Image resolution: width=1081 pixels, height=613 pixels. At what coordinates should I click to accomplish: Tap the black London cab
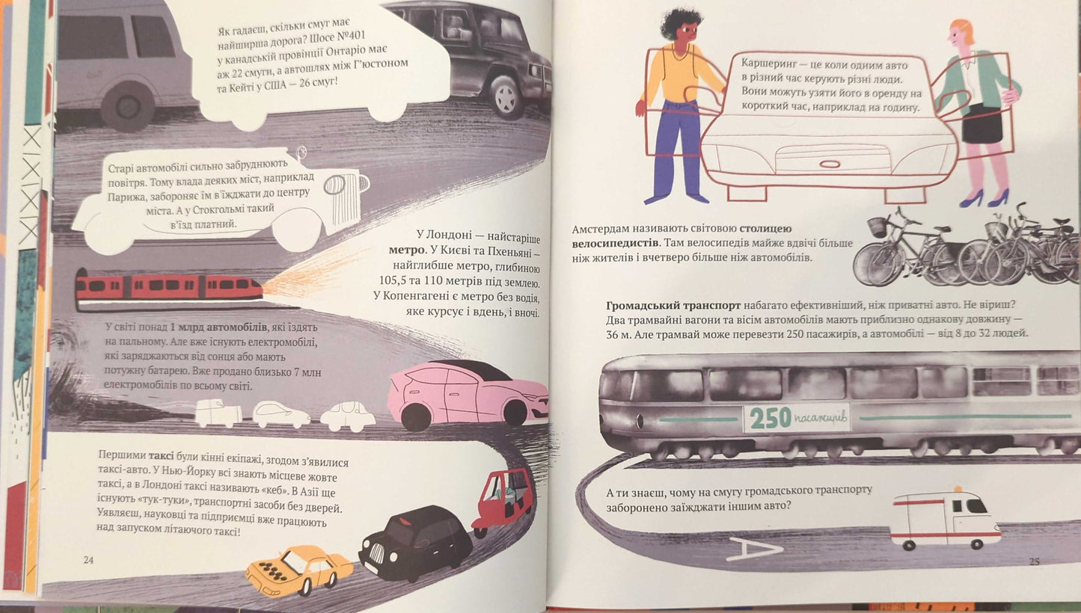click(416, 542)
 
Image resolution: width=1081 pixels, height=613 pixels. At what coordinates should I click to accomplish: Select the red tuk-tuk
click(504, 501)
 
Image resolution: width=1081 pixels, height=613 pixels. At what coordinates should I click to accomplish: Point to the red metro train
click(169, 288)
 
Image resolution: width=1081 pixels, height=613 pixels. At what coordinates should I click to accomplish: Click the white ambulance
click(946, 519)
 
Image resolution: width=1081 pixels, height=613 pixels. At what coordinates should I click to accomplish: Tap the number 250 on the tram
click(771, 418)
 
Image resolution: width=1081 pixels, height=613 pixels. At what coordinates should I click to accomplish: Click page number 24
click(88, 560)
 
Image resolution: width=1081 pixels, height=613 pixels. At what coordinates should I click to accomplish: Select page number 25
click(1034, 561)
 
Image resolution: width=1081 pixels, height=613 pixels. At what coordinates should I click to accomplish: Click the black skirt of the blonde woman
click(982, 123)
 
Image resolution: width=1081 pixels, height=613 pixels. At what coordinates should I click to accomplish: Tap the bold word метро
click(406, 250)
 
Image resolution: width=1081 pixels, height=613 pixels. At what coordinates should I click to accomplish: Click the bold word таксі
click(161, 456)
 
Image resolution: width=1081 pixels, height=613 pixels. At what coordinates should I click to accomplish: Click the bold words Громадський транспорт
click(673, 305)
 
